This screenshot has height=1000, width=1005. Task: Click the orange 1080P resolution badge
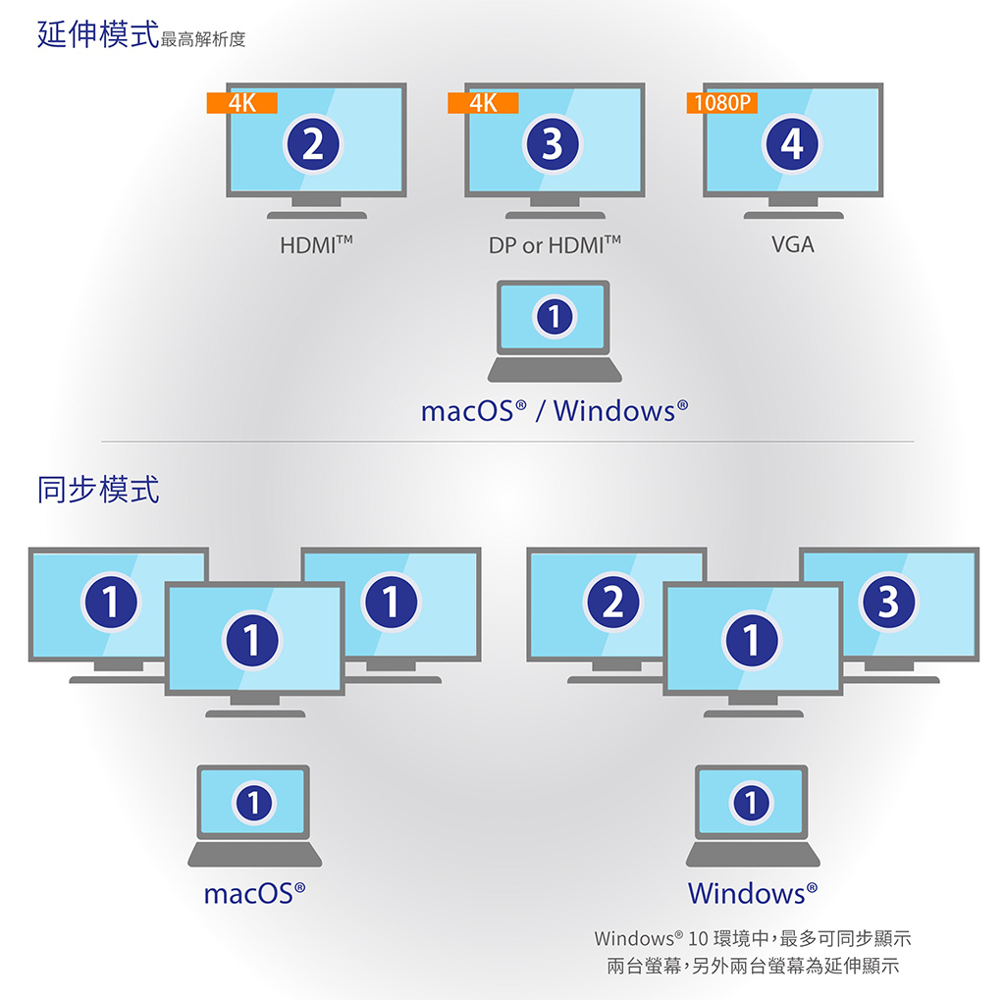coord(722,103)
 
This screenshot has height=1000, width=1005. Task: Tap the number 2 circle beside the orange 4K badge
coord(312,145)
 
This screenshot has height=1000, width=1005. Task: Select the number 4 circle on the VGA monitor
coord(791,145)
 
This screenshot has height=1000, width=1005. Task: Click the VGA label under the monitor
coord(792,244)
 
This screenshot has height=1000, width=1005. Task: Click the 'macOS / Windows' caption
coord(554,410)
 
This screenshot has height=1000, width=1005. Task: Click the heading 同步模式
coord(97,489)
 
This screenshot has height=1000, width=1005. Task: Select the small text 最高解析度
coord(203,40)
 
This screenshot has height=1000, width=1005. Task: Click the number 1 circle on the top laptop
coord(555,317)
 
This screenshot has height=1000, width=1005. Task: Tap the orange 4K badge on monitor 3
coord(482,103)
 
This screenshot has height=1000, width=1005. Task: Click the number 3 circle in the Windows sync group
coord(888,601)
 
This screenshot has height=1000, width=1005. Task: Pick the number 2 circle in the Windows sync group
coord(612,601)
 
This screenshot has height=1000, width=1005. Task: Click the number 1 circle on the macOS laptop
coord(253,803)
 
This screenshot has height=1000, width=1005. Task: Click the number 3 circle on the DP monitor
coord(553,145)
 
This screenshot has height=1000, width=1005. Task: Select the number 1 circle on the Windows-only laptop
coord(751,803)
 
